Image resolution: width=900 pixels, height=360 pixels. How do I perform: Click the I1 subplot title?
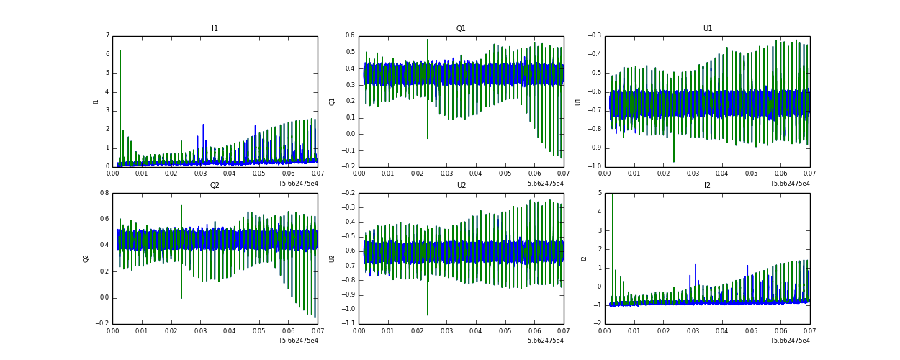[215, 29]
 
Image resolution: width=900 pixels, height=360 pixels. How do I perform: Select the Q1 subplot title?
[461, 29]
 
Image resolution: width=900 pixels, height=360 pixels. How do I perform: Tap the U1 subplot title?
[708, 29]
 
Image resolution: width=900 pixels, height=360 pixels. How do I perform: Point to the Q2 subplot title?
[215, 185]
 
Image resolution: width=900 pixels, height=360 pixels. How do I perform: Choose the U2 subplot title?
[461, 185]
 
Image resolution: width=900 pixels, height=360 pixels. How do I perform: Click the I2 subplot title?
[707, 185]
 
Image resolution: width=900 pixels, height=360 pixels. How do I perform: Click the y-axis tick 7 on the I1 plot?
[107, 35]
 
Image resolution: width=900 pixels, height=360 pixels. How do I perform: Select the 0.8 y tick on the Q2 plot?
[104, 193]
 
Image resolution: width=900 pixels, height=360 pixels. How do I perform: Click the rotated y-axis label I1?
[96, 102]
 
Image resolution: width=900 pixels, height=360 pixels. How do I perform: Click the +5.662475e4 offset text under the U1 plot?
[790, 183]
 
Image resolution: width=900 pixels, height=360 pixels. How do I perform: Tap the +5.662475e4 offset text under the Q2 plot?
[297, 340]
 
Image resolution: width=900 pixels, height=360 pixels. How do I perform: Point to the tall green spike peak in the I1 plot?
[120, 50]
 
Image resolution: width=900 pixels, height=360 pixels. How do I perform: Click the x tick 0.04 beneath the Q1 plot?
[475, 174]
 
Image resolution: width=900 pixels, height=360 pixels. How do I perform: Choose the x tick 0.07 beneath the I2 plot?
[809, 330]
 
